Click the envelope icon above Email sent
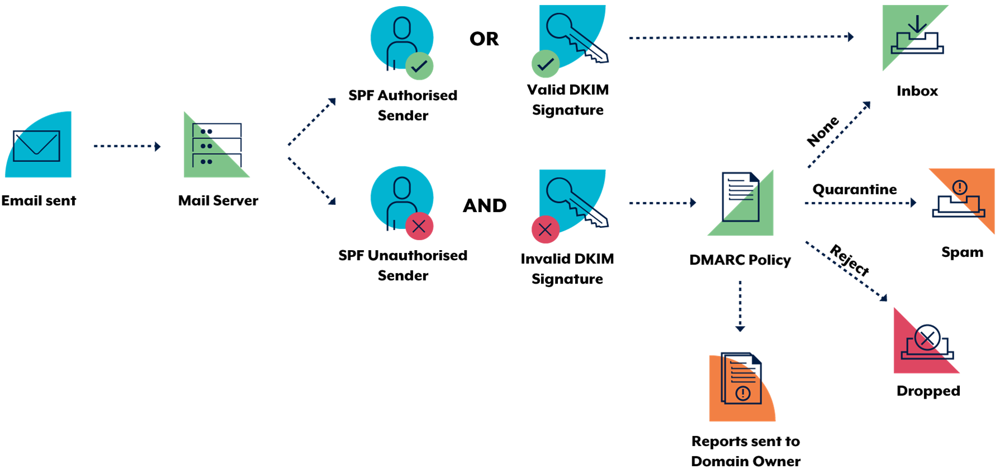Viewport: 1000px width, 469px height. pos(36,146)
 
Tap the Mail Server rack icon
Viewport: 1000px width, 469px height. pos(217,145)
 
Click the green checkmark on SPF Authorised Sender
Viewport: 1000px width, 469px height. pos(419,66)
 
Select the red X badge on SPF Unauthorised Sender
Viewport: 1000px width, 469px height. pos(419,226)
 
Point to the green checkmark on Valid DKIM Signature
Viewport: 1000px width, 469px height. pos(546,64)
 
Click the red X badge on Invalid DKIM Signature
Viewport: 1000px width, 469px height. pos(546,229)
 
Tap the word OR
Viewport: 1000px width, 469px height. pos(484,39)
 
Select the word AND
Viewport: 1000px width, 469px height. pos(485,205)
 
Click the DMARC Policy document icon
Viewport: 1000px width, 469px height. pos(740,197)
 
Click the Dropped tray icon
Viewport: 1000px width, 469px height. pos(927,342)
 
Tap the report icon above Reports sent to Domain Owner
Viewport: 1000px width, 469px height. pos(741,378)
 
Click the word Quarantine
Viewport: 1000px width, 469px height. pos(855,190)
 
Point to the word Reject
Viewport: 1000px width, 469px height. pos(850,260)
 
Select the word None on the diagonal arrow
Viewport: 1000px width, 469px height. pos(823,131)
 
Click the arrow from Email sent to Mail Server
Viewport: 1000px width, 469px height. pos(127,146)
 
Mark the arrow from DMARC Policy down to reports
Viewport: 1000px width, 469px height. pos(740,307)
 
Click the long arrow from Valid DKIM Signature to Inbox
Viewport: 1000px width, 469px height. pos(741,37)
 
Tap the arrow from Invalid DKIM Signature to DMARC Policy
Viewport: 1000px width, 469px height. pos(663,203)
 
